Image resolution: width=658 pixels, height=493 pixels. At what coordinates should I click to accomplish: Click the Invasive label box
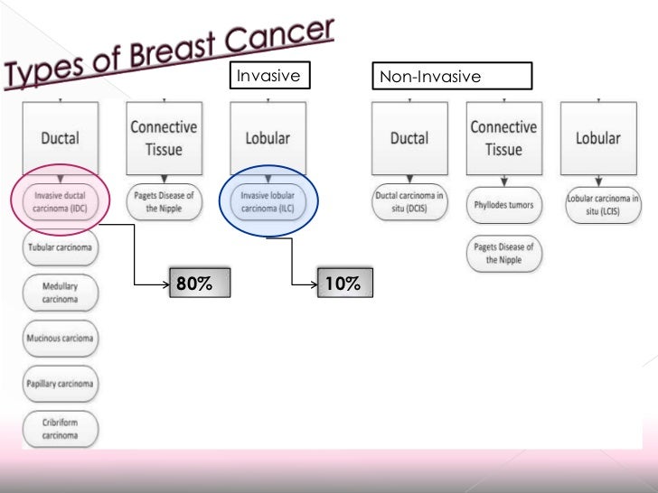pyautogui.click(x=268, y=78)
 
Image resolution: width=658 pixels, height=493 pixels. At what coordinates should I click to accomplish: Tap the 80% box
pyautogui.click(x=198, y=284)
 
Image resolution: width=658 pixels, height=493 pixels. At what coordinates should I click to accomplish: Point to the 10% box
pyautogui.click(x=343, y=284)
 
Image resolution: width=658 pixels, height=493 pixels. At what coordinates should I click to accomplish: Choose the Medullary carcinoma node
pyautogui.click(x=59, y=292)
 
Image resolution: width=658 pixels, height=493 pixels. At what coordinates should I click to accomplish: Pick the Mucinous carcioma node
pyautogui.click(x=60, y=339)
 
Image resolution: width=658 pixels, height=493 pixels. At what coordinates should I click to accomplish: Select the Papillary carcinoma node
pyautogui.click(x=60, y=383)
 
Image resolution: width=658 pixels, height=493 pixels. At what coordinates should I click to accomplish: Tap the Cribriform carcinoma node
pyautogui.click(x=60, y=428)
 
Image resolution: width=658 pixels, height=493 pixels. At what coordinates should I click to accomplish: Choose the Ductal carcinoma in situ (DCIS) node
pyautogui.click(x=409, y=200)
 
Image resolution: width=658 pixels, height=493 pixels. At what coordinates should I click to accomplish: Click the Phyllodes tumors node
pyautogui.click(x=503, y=205)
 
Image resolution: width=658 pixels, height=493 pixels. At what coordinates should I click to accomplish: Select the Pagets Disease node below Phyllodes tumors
pyautogui.click(x=503, y=254)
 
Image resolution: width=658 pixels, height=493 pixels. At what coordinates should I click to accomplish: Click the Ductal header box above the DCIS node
pyautogui.click(x=409, y=138)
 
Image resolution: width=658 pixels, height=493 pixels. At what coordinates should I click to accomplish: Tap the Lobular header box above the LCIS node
pyautogui.click(x=598, y=138)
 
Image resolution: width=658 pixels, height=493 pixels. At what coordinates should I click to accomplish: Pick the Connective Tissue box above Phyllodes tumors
pyautogui.click(x=503, y=138)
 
